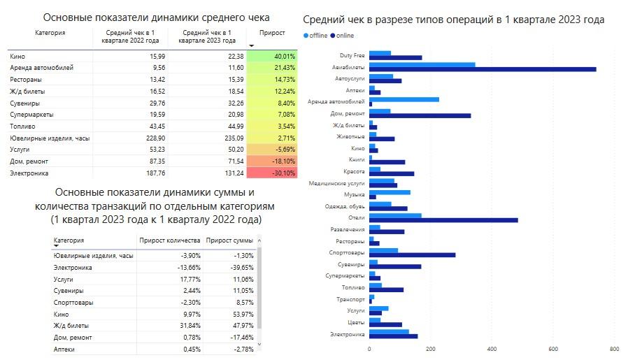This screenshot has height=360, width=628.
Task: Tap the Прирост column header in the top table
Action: point(271,33)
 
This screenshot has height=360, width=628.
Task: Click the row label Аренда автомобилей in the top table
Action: point(42,68)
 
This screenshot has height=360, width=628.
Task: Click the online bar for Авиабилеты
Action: point(483,69)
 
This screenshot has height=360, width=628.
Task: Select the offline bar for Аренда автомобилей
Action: point(404,99)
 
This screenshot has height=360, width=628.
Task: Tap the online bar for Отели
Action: point(443,219)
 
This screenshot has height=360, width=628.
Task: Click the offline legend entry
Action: point(317,35)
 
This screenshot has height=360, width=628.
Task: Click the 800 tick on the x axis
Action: point(614,348)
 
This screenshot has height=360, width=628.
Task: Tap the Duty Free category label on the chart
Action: point(352,55)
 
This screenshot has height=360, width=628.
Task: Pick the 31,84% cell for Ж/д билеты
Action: point(186,326)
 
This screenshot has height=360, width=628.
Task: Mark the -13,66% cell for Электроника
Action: point(185,267)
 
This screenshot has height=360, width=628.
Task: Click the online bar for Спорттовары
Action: point(412,254)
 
